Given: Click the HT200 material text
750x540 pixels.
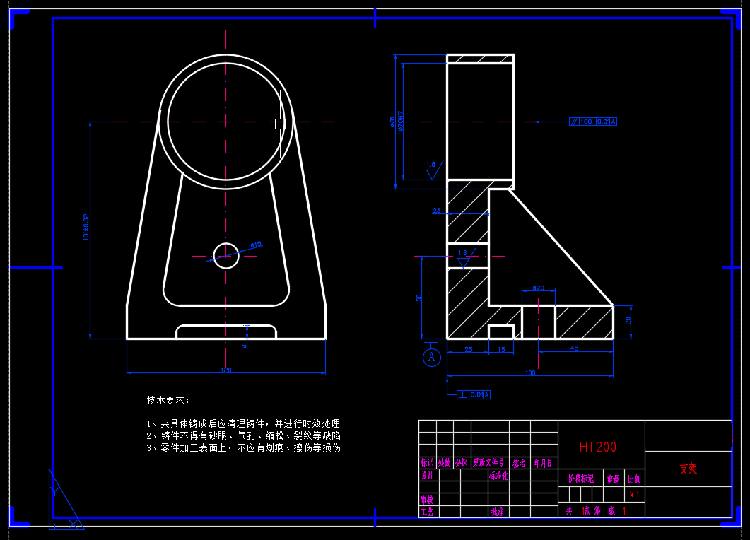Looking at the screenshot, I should pos(597,447).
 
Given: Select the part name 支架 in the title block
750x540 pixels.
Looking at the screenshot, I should pos(689,469).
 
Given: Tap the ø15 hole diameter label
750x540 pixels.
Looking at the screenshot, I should pos(256,245).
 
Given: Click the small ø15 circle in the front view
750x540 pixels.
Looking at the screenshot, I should pos(226,255).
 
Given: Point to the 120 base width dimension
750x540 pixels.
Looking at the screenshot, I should pos(226,370).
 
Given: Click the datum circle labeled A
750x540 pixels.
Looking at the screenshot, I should pos(432,357).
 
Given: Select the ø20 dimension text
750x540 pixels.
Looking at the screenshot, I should pos(538,288).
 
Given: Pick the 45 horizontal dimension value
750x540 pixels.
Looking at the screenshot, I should pos(574,348).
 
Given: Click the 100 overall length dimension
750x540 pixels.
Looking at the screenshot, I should pos(530,372).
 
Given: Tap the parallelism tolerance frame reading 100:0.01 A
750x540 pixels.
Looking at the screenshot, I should pos(593,122).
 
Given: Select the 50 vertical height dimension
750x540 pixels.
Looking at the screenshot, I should pos(418,298).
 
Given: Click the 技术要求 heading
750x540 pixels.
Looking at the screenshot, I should pos(168,400).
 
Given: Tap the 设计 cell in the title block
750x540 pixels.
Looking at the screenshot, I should pos(427,476).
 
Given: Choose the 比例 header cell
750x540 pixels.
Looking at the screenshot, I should pos(635,479).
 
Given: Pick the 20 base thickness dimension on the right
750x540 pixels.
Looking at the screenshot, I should pos(628,321).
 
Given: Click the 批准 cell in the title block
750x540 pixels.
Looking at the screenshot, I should pos(498,511).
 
